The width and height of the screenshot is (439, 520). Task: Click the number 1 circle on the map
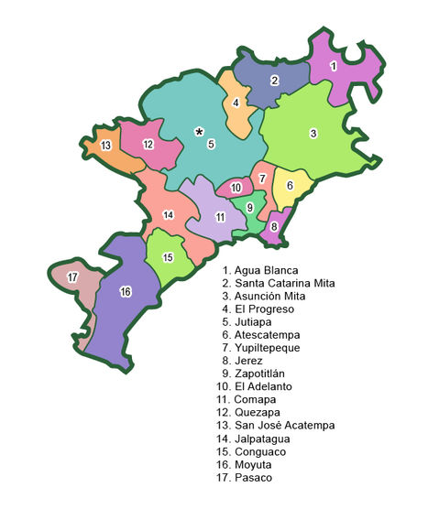pyautogui.click(x=334, y=66)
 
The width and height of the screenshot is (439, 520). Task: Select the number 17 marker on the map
pyautogui.click(x=72, y=276)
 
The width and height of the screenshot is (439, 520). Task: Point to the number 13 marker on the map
pyautogui.click(x=106, y=146)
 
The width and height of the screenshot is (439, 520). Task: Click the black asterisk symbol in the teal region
pyautogui.click(x=198, y=132)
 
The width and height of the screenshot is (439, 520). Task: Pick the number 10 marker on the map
pyautogui.click(x=236, y=188)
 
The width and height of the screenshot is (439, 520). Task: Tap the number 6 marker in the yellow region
pyautogui.click(x=290, y=186)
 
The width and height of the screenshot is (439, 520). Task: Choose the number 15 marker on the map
pyautogui.click(x=168, y=257)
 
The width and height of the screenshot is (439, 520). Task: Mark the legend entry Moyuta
pyautogui.click(x=248, y=464)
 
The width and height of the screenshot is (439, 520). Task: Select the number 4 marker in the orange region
pyautogui.click(x=236, y=103)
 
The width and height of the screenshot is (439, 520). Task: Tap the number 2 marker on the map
pyautogui.click(x=274, y=81)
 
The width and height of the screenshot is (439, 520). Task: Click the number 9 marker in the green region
pyautogui.click(x=249, y=207)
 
